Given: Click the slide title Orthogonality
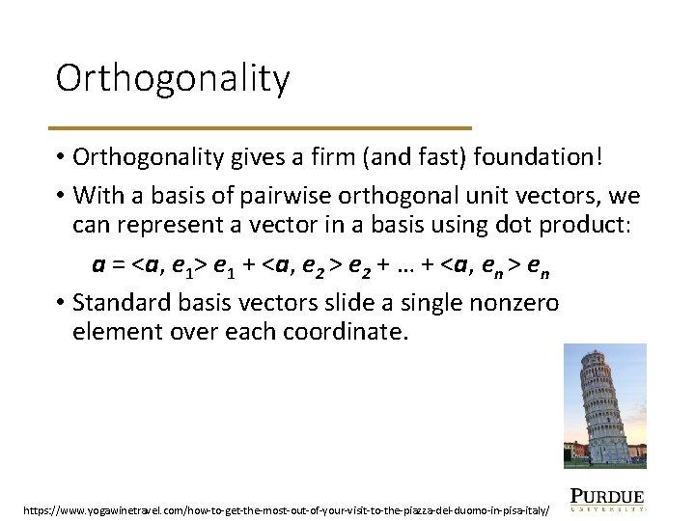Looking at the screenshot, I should tap(172, 78).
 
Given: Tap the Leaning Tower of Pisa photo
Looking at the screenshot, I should tap(604, 404).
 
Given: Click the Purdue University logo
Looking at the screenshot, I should tap(607, 497).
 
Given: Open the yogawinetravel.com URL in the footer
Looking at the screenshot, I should tap(287, 507).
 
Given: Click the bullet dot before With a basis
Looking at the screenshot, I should tap(59, 196).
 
